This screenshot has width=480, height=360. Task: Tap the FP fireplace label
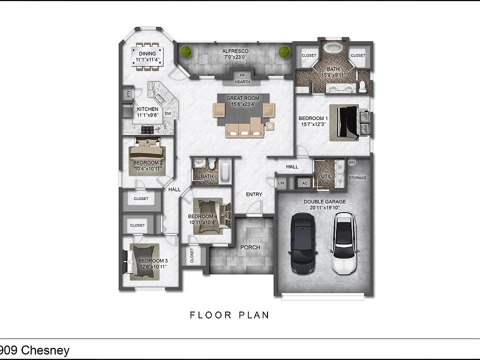pyautogui.click(x=242, y=75)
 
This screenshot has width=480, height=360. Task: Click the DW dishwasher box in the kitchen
pyautogui.click(x=168, y=113)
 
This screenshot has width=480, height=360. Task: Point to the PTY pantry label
pyautogui.click(x=128, y=93)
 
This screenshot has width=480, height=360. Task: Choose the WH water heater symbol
pyautogui.click(x=351, y=162)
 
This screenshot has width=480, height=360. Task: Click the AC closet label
pyautogui.click(x=304, y=183)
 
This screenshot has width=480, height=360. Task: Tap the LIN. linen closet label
pyautogui.click(x=281, y=183)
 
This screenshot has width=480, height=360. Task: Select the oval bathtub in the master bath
pyautogui.click(x=333, y=48)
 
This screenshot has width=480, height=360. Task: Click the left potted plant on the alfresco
pyautogui.click(x=185, y=51)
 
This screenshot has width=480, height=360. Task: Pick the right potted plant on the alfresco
pyautogui.click(x=284, y=51)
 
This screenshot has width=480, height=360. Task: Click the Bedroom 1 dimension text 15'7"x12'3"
pyautogui.click(x=313, y=124)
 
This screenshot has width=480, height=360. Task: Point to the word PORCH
pyautogui.click(x=250, y=247)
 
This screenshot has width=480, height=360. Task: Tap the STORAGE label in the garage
pyautogui.click(x=357, y=177)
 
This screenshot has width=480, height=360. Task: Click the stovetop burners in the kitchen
pyautogui.click(x=147, y=130)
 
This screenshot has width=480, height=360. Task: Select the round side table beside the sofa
pyautogui.click(x=269, y=126)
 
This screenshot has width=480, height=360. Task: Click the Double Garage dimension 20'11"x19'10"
pyautogui.click(x=324, y=207)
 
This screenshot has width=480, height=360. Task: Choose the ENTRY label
pyautogui.click(x=254, y=194)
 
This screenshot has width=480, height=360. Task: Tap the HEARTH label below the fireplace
pyautogui.click(x=242, y=81)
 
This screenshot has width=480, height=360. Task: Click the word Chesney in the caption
pyautogui.click(x=45, y=350)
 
